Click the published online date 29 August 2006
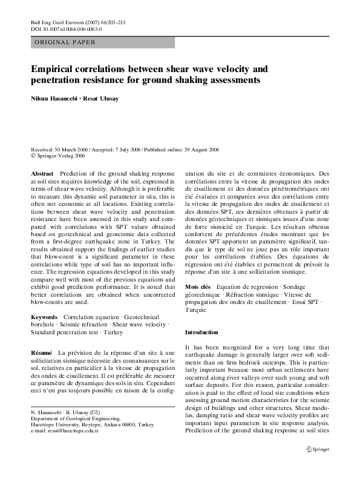click(200, 149)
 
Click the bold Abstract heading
click(42, 173)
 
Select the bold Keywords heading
click(44, 317)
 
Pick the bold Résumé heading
click(41, 352)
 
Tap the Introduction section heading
click(201, 332)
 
